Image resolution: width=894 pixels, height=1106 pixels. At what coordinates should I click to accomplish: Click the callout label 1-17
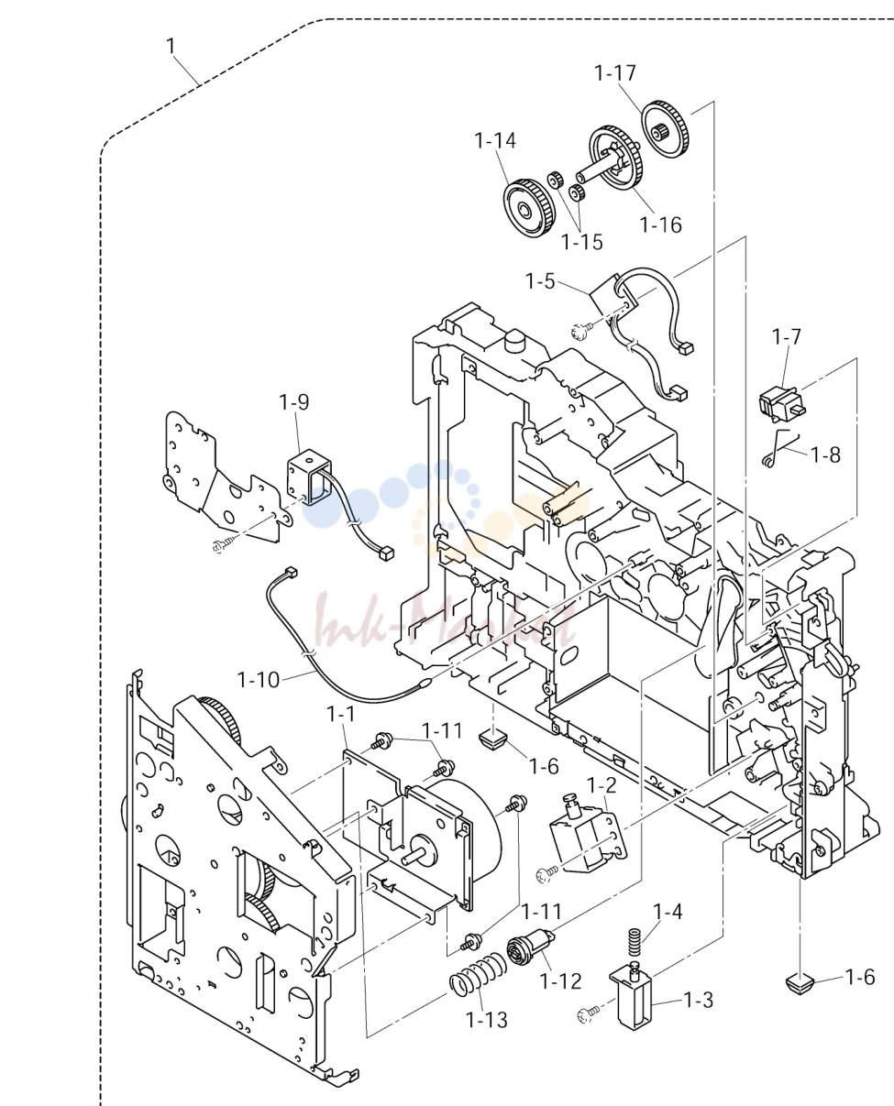(x=615, y=73)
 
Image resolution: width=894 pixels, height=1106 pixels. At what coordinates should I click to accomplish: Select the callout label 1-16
(x=660, y=224)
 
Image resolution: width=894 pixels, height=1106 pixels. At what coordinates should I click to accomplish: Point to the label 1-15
(x=582, y=242)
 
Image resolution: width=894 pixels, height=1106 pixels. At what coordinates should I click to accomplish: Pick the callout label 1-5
(x=540, y=281)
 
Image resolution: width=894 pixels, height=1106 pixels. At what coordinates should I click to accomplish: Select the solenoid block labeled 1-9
(x=309, y=476)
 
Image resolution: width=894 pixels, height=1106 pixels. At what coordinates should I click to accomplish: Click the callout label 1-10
(x=259, y=680)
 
